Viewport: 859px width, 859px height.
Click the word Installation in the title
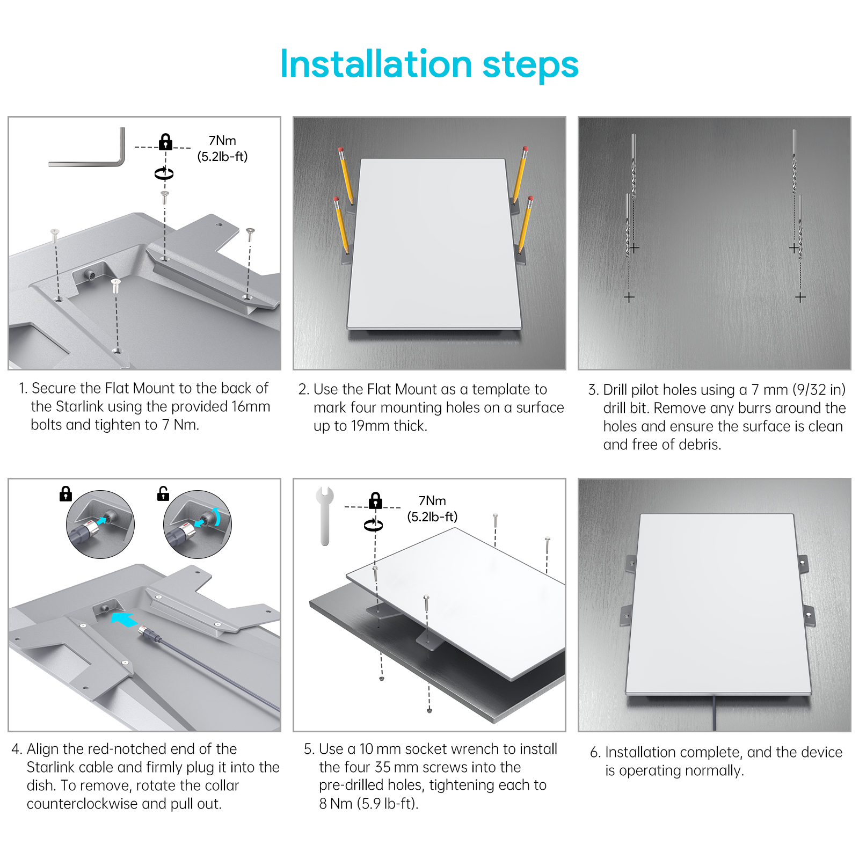point(376,64)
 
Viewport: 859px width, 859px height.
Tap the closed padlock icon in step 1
point(165,142)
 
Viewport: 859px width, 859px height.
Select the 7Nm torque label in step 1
point(222,141)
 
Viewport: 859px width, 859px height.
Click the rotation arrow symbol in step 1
point(164,173)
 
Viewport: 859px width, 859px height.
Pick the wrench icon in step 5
point(325,516)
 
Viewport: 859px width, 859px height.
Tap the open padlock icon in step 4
point(163,493)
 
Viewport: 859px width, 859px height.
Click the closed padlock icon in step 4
point(65,493)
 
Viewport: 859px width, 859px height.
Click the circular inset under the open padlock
point(198,524)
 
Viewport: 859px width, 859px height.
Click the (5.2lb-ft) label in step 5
point(432,517)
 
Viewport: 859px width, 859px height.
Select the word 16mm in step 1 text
point(251,406)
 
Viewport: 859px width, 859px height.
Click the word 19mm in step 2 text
point(370,426)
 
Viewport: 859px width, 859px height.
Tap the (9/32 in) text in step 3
point(819,390)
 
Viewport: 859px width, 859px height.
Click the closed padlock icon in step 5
point(375,500)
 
